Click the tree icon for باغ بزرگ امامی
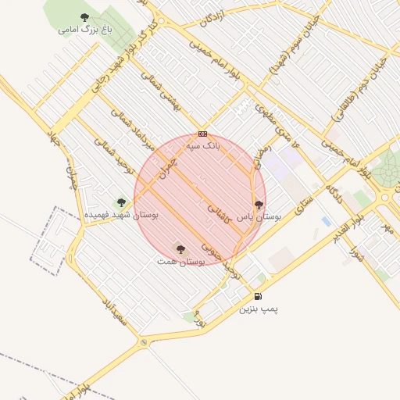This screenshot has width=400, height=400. point(84,17)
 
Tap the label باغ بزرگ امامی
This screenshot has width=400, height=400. point(85,30)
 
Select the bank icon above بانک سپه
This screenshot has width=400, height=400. point(203,134)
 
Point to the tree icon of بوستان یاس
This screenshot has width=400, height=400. point(259,205)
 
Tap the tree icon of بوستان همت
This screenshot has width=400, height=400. point(180,249)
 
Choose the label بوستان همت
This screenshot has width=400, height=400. point(180,262)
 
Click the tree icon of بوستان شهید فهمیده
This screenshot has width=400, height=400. point(120,202)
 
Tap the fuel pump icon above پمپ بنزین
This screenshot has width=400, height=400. point(259,296)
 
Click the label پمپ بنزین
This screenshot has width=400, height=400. point(259,309)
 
